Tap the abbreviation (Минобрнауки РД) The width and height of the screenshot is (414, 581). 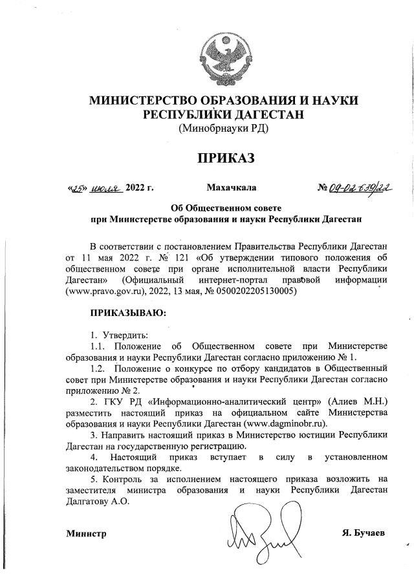tap(223, 128)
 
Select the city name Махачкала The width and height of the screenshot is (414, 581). tap(231, 188)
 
